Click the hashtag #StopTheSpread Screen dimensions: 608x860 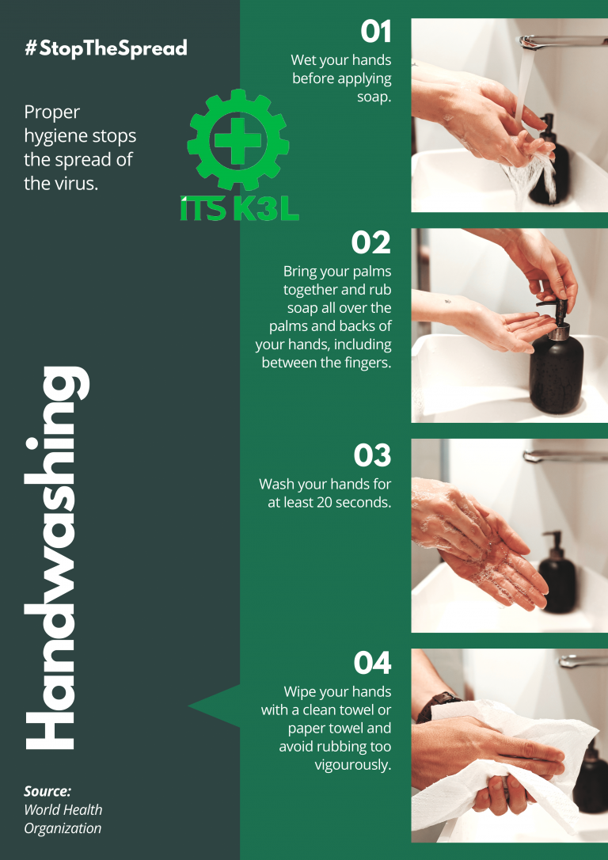click(106, 48)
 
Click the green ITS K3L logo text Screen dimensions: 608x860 click(240, 209)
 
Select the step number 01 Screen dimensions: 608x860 click(375, 32)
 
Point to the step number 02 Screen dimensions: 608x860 click(371, 243)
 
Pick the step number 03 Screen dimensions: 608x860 click(372, 455)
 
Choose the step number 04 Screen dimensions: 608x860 click(372, 662)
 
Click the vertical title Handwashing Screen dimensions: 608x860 click(57, 557)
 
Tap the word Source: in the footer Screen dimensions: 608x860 click(47, 791)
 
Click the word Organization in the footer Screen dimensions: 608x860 click(63, 828)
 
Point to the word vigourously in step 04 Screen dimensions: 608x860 click(353, 765)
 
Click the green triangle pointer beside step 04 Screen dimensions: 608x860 click(215, 706)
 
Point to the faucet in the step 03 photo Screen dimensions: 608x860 click(565, 456)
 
